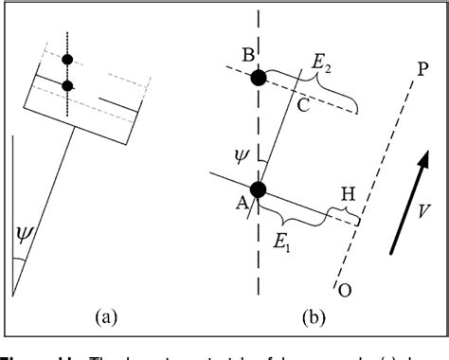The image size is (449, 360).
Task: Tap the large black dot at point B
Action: click(258, 78)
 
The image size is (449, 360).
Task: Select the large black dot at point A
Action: click(259, 189)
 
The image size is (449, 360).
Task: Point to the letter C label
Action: click(303, 106)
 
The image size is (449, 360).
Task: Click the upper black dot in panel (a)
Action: click(67, 60)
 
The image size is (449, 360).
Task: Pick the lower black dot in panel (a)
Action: click(67, 86)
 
